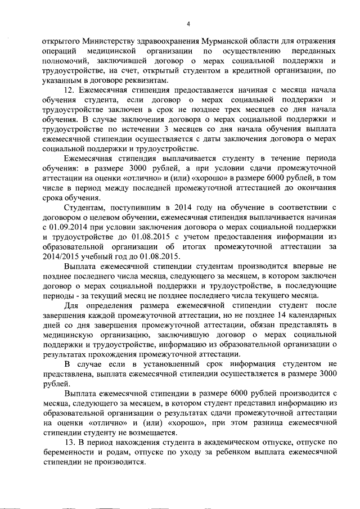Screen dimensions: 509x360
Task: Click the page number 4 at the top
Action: tap(188, 24)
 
